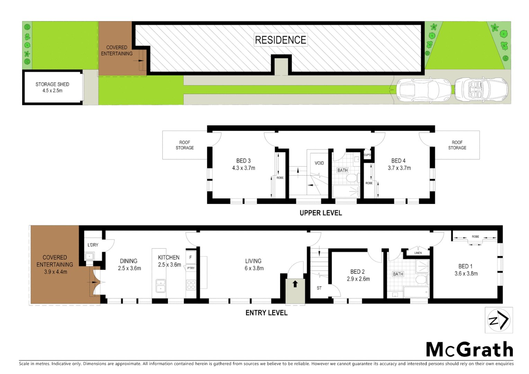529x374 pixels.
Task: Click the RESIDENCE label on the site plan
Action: coord(280,40)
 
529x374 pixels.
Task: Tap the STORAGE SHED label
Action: coord(52,84)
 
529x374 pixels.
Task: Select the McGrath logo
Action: coord(469,349)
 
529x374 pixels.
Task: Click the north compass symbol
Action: coord(499,320)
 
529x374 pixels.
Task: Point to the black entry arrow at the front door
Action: coord(295,284)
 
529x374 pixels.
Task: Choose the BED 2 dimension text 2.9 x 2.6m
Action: coord(358,279)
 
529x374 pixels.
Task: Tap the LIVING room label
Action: coord(253,261)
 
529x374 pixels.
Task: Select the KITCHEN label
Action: coord(169,258)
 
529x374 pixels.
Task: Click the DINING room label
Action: coord(128,261)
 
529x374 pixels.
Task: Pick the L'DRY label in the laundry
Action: coord(93,245)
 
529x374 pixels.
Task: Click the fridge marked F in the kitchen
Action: coord(190,258)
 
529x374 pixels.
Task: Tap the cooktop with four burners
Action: coord(191,285)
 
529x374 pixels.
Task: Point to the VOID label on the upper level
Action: coord(319,163)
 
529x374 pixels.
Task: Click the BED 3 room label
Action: coord(243,161)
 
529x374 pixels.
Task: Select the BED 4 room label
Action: coord(398,161)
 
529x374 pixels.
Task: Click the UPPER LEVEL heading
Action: coord(321,213)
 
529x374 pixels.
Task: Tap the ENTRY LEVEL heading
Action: coord(266,313)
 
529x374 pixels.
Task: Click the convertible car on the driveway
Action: coord(481,89)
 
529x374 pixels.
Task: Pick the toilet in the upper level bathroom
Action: coord(352,179)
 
